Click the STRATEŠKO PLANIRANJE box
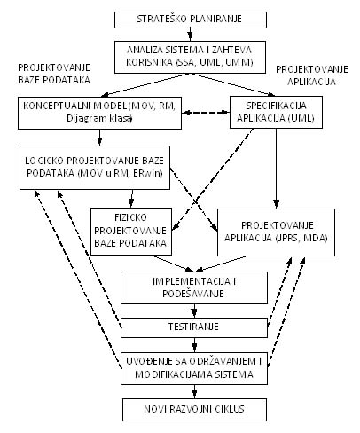click(191, 20)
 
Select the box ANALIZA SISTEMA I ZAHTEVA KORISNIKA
click(190, 57)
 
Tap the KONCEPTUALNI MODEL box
click(99, 113)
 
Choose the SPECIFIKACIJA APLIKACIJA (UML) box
click(276, 112)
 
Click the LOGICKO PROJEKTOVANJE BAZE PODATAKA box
click(95, 168)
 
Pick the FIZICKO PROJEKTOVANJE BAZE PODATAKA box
click(131, 232)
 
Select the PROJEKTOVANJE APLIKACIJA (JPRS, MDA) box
click(276, 232)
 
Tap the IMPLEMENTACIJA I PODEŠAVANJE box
click(194, 287)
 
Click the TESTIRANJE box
click(194, 327)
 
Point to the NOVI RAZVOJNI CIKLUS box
click(194, 410)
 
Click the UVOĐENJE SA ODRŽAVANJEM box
click(194, 368)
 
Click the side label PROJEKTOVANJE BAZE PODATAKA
click(54, 74)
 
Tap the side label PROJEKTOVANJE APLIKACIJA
click(312, 75)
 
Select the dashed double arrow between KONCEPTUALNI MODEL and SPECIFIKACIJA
click(206, 113)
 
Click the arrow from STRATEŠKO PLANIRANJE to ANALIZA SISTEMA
click(190, 35)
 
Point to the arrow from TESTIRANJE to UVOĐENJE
click(194, 345)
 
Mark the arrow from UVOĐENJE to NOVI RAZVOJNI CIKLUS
click(194, 391)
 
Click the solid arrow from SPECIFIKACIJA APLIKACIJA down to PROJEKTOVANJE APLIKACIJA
click(276, 169)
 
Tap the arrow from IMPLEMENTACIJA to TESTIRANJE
click(194, 311)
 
